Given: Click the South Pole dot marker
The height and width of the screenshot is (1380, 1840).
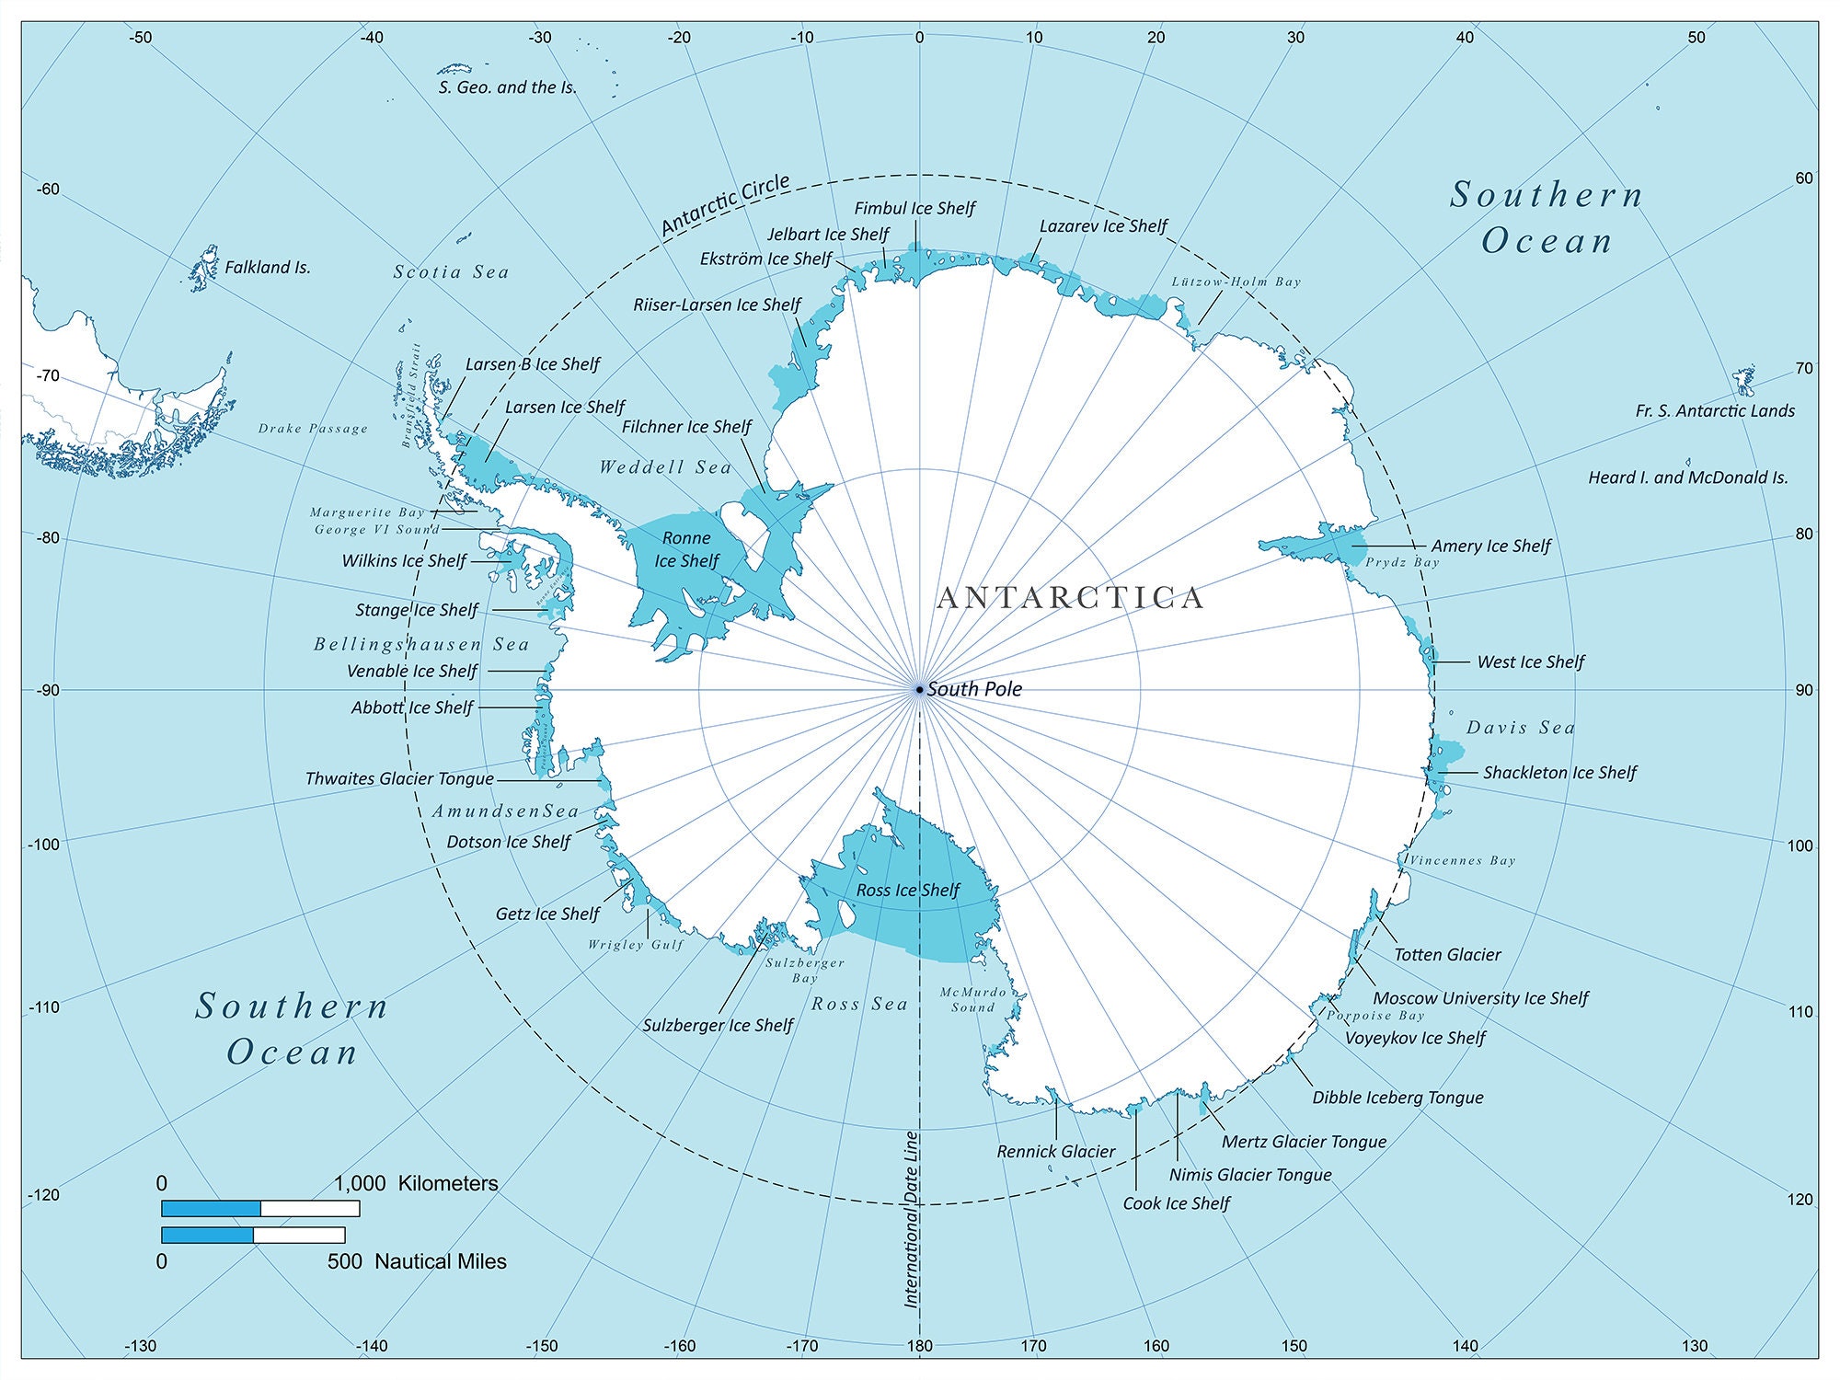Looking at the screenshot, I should pyautogui.click(x=919, y=689).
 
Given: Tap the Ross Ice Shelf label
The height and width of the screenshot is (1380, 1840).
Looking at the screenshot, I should pyautogui.click(x=907, y=891).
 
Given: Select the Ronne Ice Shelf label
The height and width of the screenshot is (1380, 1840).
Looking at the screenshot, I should pyautogui.click(x=686, y=549).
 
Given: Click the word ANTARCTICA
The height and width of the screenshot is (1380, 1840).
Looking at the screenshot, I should pyautogui.click(x=1070, y=598).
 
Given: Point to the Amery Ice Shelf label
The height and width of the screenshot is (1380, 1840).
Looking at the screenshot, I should pyautogui.click(x=1490, y=546).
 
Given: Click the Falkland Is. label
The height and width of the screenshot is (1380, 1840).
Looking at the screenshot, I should pyautogui.click(x=267, y=268).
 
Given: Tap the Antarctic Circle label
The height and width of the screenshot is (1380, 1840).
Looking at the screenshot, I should pyautogui.click(x=726, y=205).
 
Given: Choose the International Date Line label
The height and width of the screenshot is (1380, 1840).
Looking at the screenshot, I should pyautogui.click(x=912, y=1219).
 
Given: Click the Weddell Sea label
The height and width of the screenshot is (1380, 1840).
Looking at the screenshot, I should pyautogui.click(x=665, y=467).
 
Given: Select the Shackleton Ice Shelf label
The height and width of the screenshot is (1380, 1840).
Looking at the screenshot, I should pyautogui.click(x=1559, y=773).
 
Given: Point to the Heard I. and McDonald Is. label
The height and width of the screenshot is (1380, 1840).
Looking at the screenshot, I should pyautogui.click(x=1688, y=477).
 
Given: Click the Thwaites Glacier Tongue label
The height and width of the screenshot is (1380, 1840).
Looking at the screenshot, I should pyautogui.click(x=399, y=779).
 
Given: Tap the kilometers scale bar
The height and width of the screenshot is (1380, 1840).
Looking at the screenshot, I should pyautogui.click(x=260, y=1208).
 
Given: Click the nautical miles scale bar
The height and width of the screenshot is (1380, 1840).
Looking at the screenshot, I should pyautogui.click(x=253, y=1235).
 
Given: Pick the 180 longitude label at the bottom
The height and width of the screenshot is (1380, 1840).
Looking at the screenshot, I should pyautogui.click(x=919, y=1346).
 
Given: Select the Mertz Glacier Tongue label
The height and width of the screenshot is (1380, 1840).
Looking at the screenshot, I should pyautogui.click(x=1304, y=1142).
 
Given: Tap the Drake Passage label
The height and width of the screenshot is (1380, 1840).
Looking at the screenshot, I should pyautogui.click(x=313, y=429).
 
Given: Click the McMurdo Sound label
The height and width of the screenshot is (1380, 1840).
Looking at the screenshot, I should pyautogui.click(x=973, y=1000).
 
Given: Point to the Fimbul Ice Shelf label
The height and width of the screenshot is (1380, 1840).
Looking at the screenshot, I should pyautogui.click(x=914, y=209).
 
